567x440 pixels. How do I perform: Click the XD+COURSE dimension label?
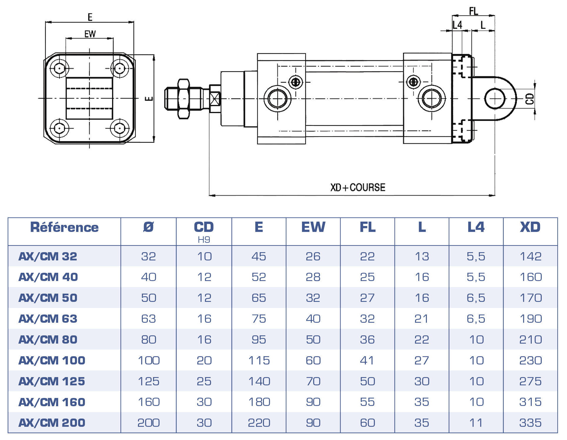[x=358, y=187]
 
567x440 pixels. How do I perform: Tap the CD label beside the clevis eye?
[x=530, y=99]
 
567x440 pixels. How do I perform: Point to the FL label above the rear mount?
[x=473, y=11]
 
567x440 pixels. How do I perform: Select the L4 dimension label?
[x=457, y=25]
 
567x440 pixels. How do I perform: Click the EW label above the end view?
[x=90, y=34]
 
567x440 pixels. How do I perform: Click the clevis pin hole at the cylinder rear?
[x=495, y=98]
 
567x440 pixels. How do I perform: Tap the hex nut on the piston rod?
[x=184, y=99]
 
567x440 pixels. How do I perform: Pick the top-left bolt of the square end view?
[x=60, y=68]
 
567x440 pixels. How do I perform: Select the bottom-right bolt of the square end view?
[x=119, y=128]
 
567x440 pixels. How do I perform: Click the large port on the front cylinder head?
[x=277, y=99]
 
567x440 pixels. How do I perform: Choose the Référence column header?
[x=64, y=227]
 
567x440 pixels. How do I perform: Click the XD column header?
[x=530, y=227]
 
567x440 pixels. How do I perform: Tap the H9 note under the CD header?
[x=204, y=240]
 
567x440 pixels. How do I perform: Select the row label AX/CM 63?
[x=48, y=319]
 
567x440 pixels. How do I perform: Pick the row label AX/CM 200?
[x=52, y=423]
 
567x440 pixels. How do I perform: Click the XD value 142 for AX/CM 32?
[x=531, y=256]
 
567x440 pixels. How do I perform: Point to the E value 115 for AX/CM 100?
[x=259, y=360]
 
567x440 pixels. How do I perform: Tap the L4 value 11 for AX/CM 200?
[x=476, y=423]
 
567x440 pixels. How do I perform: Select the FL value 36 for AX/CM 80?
[x=367, y=339]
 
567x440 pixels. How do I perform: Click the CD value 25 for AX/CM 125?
[x=204, y=381]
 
